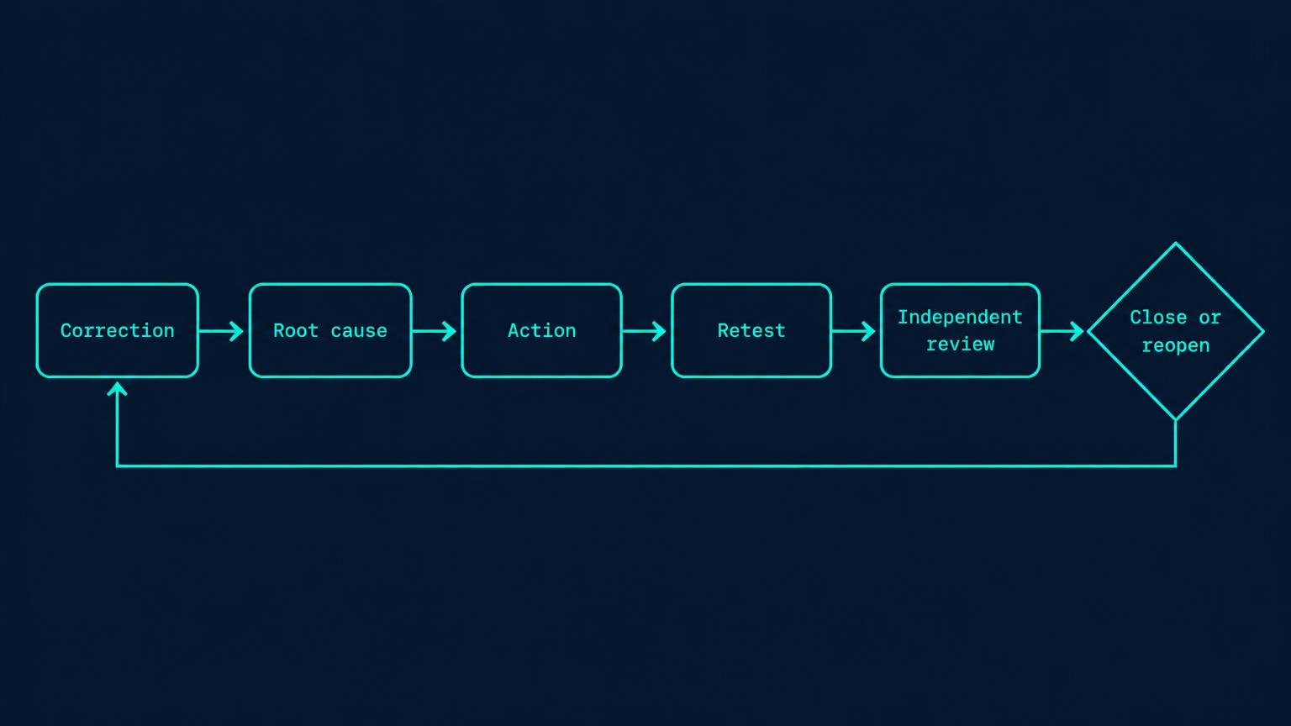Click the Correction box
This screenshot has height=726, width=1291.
pyautogui.click(x=117, y=331)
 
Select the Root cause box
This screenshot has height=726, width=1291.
pyautogui.click(x=330, y=331)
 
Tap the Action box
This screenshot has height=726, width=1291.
pyautogui.click(x=542, y=331)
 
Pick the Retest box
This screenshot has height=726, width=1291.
pyautogui.click(x=751, y=331)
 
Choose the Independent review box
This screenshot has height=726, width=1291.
pyautogui.click(x=960, y=331)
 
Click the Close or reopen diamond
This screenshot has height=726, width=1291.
pyautogui.click(x=1176, y=331)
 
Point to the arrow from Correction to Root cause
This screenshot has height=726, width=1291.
pyautogui.click(x=221, y=331)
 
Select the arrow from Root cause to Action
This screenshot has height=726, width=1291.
pyautogui.click(x=434, y=331)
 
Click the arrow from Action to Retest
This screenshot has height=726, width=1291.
pyautogui.click(x=645, y=331)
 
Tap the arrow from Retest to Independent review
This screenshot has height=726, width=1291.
pyautogui.click(x=854, y=331)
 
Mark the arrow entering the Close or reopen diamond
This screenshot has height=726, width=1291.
pyautogui.click(x=1062, y=331)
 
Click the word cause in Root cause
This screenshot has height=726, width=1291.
pyautogui.click(x=359, y=331)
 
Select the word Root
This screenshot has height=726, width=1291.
pyautogui.click(x=296, y=331)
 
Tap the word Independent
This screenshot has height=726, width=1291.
pyautogui.click(x=960, y=317)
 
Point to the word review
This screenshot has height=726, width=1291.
pyautogui.click(x=960, y=345)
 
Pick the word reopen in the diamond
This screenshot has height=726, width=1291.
pyautogui.click(x=1176, y=345)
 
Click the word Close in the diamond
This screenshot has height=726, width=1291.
pyautogui.click(x=1158, y=317)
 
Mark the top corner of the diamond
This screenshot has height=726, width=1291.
pyautogui.click(x=1176, y=243)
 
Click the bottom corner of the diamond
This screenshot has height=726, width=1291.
pyautogui.click(x=1176, y=420)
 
